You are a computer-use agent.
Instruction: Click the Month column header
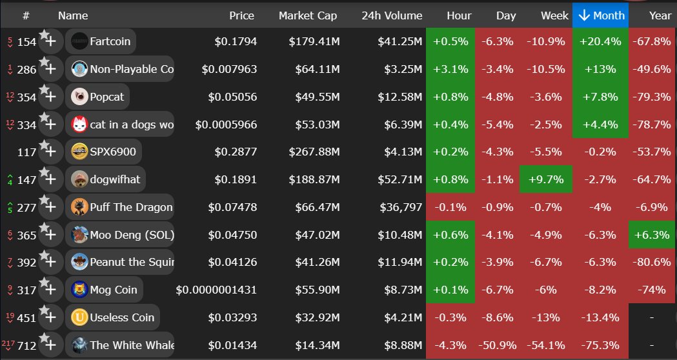[600, 15]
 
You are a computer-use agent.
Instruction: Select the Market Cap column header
[307, 15]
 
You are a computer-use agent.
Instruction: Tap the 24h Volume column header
[392, 15]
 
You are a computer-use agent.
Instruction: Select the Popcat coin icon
[79, 97]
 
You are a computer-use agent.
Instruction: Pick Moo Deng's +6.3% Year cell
[652, 235]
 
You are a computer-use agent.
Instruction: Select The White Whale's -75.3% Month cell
[600, 345]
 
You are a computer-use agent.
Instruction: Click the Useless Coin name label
[113, 317]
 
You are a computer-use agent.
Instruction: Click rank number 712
[26, 345]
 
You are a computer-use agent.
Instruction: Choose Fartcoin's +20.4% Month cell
[600, 42]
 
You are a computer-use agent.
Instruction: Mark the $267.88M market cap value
[314, 152]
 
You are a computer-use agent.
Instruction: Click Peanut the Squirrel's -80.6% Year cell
[652, 263]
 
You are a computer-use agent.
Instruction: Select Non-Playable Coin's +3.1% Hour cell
[450, 70]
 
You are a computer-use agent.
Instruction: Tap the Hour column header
[458, 15]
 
